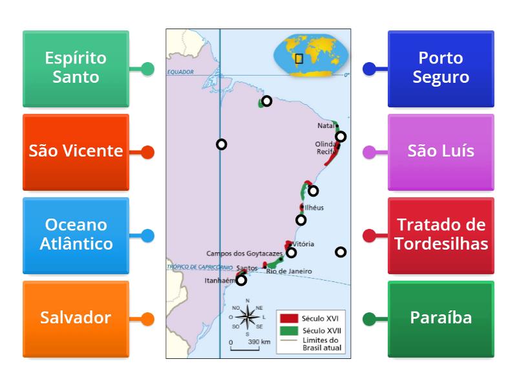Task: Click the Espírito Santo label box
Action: tap(76, 68)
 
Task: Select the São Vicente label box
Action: tap(76, 152)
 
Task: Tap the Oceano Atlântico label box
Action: tap(76, 235)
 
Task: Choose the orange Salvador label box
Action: tap(76, 318)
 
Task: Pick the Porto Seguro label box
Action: tap(441, 68)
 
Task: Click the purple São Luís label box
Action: tap(441, 152)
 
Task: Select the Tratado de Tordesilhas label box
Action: tap(441, 235)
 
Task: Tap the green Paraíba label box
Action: tap(441, 318)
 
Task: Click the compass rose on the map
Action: tap(246, 317)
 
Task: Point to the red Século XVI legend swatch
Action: tap(288, 318)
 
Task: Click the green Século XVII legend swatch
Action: tap(288, 330)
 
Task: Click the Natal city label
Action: tap(326, 125)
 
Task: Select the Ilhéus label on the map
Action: tap(314, 208)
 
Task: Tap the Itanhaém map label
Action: tap(218, 281)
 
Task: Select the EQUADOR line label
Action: tap(181, 72)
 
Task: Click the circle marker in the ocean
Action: tap(341, 252)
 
